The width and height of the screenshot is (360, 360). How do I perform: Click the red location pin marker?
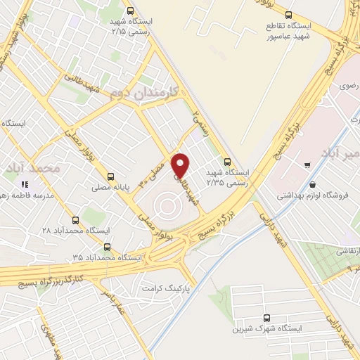pyautogui.click(x=181, y=165)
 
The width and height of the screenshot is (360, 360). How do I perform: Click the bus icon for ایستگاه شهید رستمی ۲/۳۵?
pyautogui.click(x=226, y=160)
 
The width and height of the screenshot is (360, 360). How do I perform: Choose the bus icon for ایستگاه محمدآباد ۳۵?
pyautogui.click(x=107, y=247)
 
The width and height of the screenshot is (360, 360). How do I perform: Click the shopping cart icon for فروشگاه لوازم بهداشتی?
pyautogui.click(x=308, y=165)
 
